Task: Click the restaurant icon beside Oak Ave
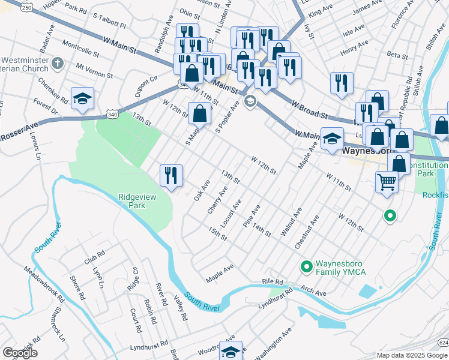point(171,175)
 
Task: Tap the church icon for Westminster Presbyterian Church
point(58,63)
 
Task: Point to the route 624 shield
point(443,342)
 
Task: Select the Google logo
point(20,353)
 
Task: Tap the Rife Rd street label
point(272,281)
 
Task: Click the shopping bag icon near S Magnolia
point(200,112)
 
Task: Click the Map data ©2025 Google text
point(411,355)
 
